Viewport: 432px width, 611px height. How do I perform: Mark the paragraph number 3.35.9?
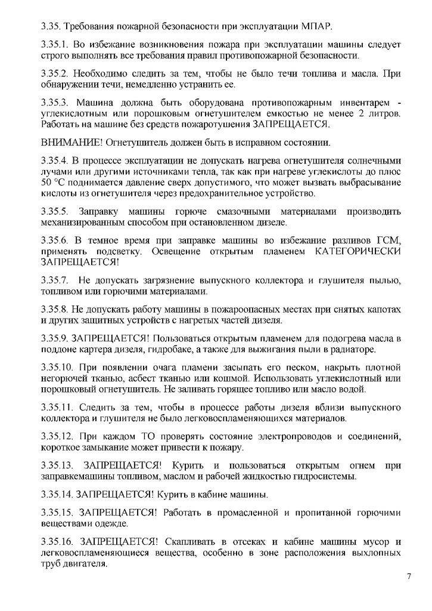54,337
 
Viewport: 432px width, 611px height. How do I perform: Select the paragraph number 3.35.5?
54,211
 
